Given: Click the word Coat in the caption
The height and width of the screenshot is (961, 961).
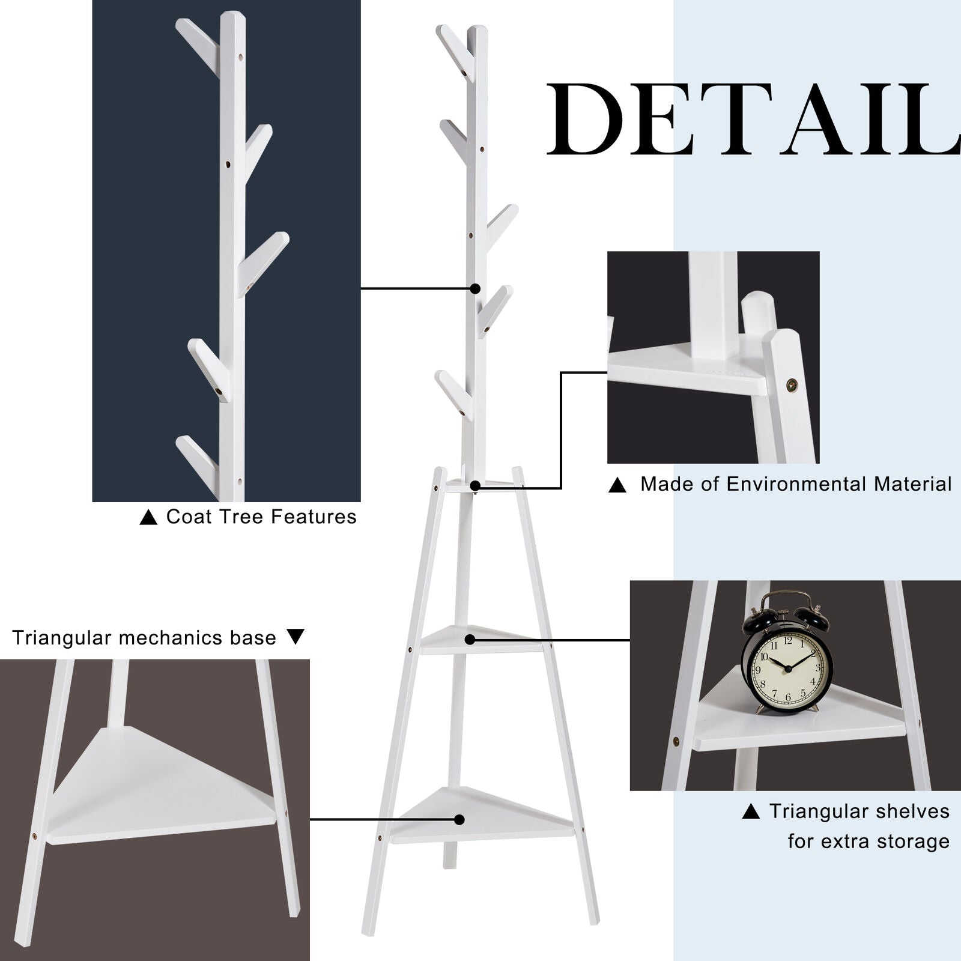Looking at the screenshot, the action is tap(188, 517).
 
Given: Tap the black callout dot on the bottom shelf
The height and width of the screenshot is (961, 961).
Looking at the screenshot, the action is tap(459, 819).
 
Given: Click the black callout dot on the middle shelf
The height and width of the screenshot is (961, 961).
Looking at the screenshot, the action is tap(470, 640).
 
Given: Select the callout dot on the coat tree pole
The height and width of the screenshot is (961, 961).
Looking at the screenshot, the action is tap(475, 289).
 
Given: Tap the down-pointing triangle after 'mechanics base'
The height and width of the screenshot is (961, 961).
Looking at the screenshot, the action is tap(296, 637).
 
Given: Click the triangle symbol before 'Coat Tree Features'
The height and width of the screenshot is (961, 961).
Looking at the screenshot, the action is tap(148, 517).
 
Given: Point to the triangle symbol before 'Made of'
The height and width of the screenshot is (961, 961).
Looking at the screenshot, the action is tap(617, 485).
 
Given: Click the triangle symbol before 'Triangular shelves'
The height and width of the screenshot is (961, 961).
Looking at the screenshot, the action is tap(751, 812).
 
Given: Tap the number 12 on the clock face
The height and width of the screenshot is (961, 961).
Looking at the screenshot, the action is tap(787, 641).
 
